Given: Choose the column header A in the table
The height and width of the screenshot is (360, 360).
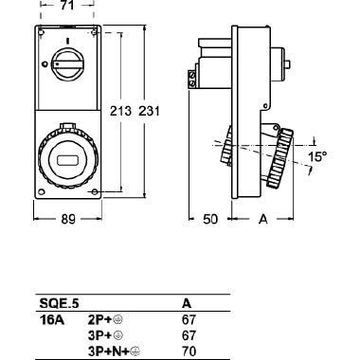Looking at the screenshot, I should click(x=185, y=305).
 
